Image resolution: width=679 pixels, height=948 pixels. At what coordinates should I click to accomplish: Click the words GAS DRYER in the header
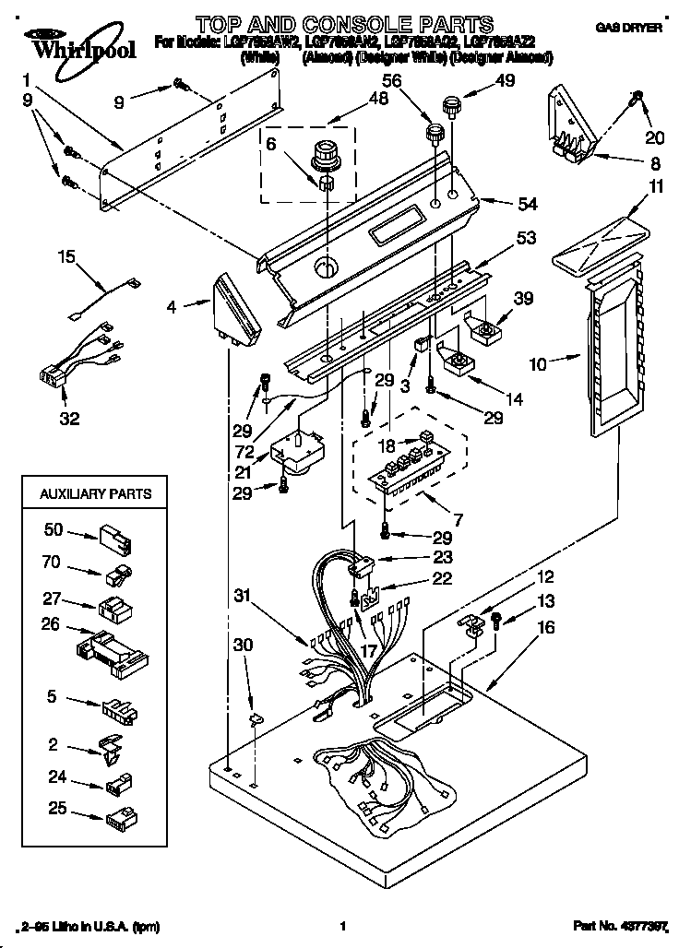629,29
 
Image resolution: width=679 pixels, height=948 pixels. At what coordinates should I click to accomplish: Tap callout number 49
505,81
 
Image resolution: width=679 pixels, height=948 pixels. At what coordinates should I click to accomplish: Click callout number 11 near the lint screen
629,187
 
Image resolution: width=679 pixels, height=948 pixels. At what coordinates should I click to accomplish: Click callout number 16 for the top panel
546,627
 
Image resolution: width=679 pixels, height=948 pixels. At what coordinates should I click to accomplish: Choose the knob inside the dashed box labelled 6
326,155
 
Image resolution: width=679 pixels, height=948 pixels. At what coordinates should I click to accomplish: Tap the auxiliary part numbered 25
120,816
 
